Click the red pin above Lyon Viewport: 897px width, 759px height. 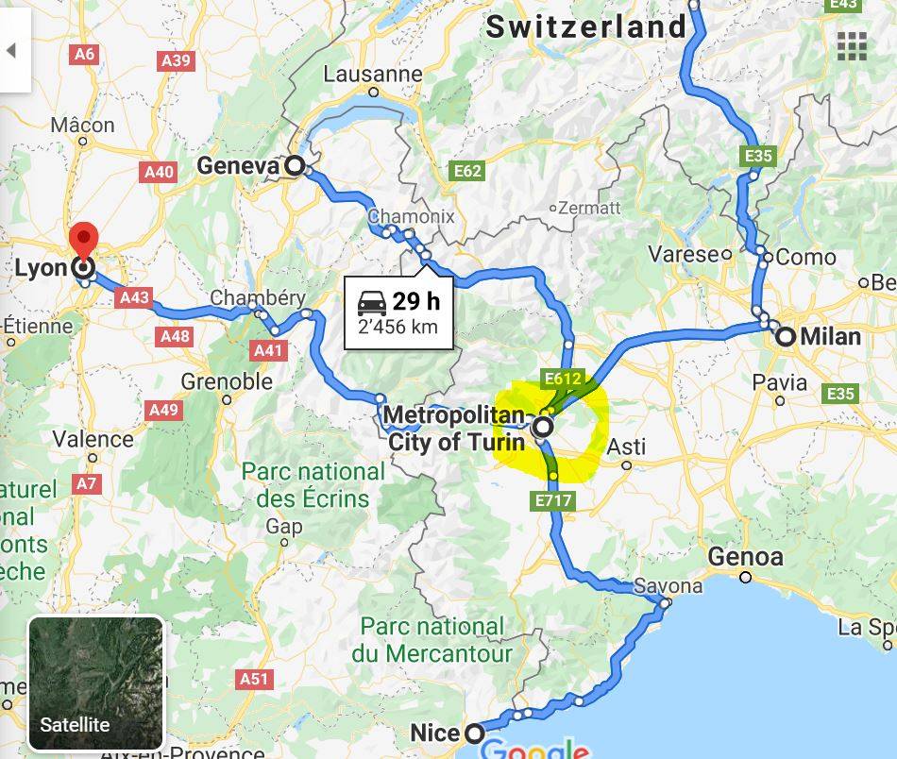coord(84,237)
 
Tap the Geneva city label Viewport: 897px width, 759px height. coord(238,167)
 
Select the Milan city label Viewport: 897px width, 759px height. coord(830,337)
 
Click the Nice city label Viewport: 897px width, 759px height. coord(434,733)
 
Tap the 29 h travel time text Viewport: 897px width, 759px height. coord(416,301)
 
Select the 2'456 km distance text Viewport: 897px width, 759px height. coord(398,328)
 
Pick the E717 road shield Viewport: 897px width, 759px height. coord(552,500)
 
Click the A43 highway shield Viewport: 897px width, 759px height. coord(135,297)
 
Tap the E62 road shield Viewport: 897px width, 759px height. coord(467,171)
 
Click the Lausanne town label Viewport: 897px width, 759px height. coord(373,74)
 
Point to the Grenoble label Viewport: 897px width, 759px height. coord(227,381)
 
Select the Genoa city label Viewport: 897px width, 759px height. coord(745,557)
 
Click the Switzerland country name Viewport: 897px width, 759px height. coord(585,27)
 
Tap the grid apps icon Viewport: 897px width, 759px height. coord(852,44)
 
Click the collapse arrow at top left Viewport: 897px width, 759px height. coord(11,50)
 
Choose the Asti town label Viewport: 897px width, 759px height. coord(626,446)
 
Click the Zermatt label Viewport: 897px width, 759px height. coord(589,207)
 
